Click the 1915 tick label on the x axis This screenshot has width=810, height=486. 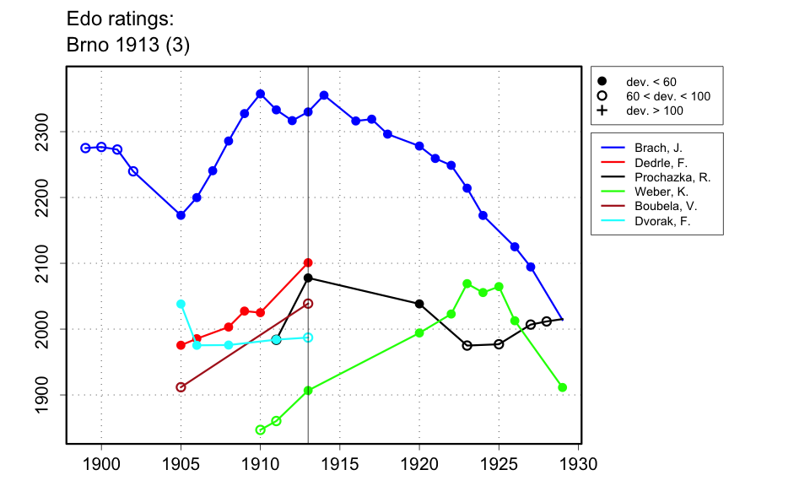point(340,464)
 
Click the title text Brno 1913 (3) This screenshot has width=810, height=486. point(127,46)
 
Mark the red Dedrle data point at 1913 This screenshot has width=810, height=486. point(308,262)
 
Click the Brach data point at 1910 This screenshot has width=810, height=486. point(260,94)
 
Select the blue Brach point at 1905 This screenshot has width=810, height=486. point(181,215)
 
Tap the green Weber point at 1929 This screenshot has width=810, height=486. point(563,387)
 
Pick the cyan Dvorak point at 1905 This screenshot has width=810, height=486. point(181,304)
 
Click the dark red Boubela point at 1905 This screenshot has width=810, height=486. point(181,387)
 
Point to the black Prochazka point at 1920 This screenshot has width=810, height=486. point(419,304)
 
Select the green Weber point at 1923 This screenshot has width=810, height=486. point(467,283)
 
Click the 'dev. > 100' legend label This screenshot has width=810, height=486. point(654,111)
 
